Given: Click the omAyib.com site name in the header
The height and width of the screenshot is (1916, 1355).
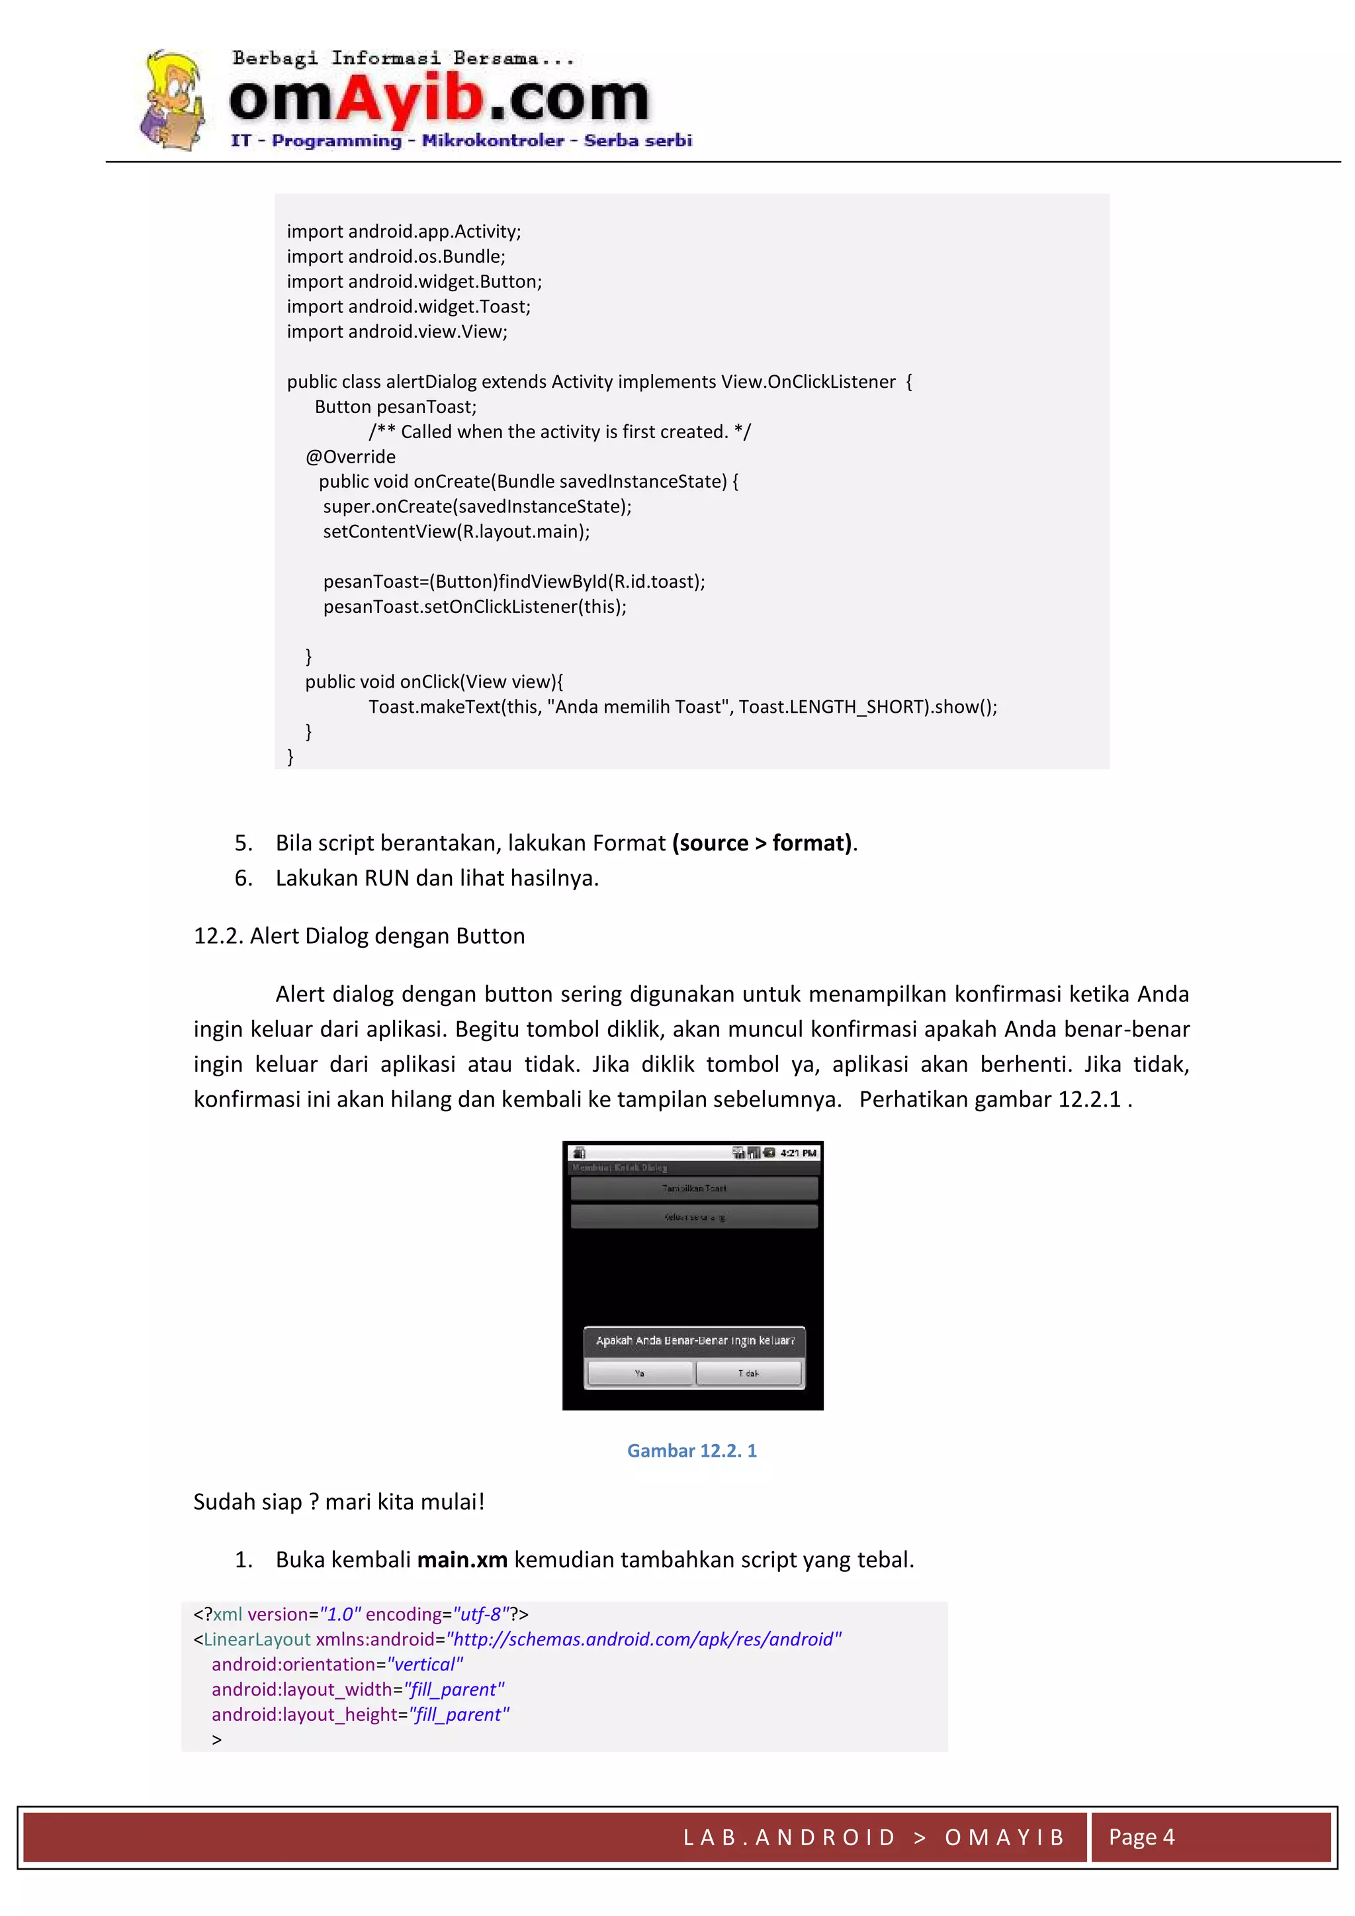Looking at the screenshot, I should click(x=439, y=99).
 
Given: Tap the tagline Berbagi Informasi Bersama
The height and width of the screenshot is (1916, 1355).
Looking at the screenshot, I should click(x=403, y=58).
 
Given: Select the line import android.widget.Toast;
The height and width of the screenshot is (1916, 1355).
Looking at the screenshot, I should click(x=408, y=306).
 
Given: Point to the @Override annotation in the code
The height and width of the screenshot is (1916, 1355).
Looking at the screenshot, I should click(x=351, y=457).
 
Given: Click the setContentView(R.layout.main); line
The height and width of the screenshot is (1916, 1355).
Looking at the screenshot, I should click(x=456, y=531).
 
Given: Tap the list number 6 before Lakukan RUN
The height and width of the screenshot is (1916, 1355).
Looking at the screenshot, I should click(x=243, y=878).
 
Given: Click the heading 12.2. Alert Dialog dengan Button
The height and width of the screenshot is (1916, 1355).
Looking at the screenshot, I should click(x=359, y=935).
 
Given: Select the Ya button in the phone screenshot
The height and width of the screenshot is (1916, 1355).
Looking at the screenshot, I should click(x=639, y=1373).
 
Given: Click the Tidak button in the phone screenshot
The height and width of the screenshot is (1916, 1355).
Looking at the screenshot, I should click(x=748, y=1373).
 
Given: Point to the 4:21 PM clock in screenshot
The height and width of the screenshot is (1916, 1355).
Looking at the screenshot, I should click(x=798, y=1152).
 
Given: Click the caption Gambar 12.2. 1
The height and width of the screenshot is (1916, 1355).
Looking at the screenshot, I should click(x=691, y=1450).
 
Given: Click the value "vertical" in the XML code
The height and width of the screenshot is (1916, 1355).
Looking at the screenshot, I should click(x=425, y=1664).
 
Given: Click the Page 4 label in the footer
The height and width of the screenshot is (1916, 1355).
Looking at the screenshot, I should click(x=1141, y=1837).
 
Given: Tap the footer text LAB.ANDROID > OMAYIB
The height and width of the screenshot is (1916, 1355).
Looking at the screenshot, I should click(x=873, y=1837).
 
